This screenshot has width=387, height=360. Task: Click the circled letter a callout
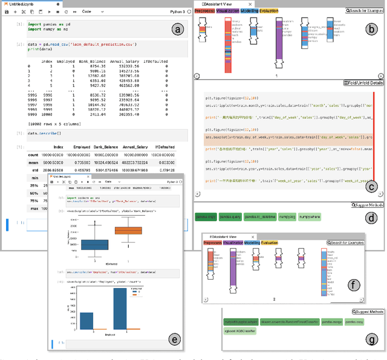[177, 30]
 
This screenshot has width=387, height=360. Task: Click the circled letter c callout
[371, 187]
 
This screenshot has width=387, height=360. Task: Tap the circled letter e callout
[174, 339]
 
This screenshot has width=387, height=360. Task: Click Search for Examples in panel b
[365, 11]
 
